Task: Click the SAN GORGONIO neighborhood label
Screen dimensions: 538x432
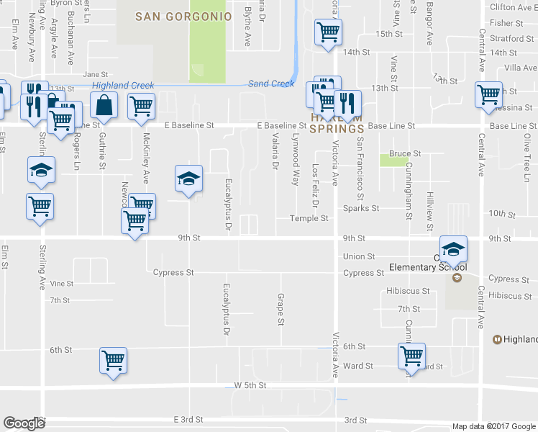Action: point(183,16)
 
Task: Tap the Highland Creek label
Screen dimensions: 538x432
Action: point(123,86)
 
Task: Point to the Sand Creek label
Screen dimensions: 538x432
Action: point(271,84)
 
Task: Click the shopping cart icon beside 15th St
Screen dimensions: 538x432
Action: point(328,32)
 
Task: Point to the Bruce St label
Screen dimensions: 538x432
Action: point(405,153)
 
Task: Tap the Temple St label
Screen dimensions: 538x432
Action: point(309,219)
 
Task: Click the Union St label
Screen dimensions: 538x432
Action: point(359,256)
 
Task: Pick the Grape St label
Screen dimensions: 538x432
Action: point(281,309)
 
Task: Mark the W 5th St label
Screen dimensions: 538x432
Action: point(250,386)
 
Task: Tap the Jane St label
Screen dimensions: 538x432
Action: point(95,74)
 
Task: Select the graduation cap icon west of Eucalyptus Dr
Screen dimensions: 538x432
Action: point(188,179)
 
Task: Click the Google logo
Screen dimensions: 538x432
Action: point(24,423)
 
